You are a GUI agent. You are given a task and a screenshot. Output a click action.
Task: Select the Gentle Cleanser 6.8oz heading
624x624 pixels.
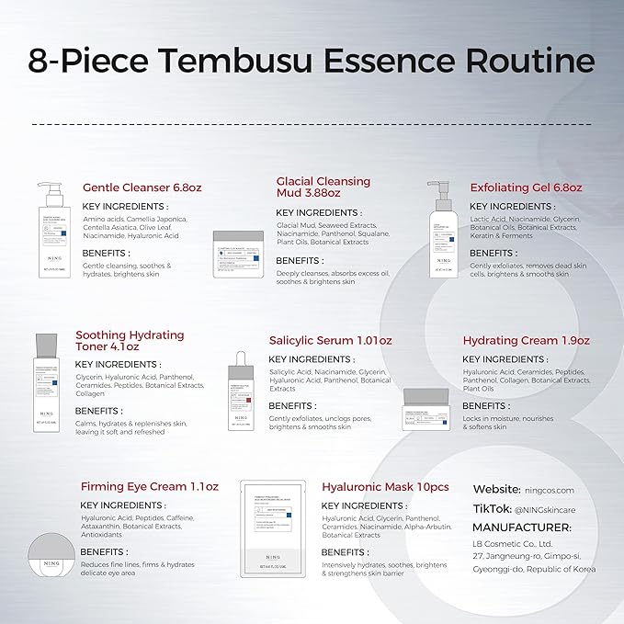click(x=142, y=187)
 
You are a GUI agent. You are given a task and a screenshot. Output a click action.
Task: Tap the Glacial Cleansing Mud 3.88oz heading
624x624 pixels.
click(x=323, y=187)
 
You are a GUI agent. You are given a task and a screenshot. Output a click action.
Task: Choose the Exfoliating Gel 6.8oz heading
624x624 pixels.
click(x=526, y=187)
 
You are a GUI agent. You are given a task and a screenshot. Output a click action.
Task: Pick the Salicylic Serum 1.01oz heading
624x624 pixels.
click(x=330, y=340)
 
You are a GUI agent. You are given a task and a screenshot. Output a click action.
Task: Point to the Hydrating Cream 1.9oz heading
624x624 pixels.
click(x=526, y=340)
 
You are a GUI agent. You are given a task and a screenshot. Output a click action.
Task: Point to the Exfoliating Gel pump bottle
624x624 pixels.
click(x=438, y=230)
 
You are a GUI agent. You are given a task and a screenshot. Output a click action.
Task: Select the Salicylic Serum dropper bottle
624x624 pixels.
click(x=240, y=391)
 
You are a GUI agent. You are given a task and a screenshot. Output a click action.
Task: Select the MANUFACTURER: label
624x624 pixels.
click(x=521, y=528)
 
